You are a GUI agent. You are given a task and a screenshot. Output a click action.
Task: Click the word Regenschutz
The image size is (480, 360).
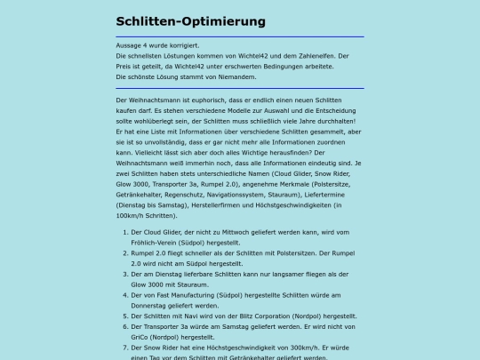coord(182,195)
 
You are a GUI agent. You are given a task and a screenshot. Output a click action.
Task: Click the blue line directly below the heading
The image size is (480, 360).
coord(240,36)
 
